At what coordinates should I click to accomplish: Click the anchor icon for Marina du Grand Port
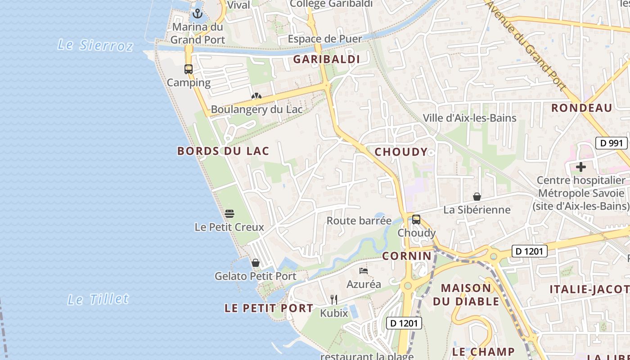(x=198, y=13)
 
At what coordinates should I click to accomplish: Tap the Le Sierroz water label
(x=95, y=45)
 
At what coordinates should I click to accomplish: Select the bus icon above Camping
(x=189, y=69)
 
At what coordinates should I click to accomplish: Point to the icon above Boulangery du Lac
(x=256, y=96)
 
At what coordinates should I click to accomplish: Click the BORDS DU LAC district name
(x=223, y=151)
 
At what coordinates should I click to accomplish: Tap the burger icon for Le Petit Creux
(x=229, y=213)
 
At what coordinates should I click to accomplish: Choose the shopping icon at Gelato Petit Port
(x=256, y=263)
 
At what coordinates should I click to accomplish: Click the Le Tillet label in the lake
(x=98, y=299)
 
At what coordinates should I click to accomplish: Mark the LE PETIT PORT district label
(x=269, y=308)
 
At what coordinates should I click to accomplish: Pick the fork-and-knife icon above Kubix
(x=334, y=299)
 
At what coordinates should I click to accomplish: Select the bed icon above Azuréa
(x=364, y=271)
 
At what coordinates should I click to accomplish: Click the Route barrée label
(x=359, y=221)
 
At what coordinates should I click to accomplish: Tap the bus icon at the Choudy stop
(x=416, y=220)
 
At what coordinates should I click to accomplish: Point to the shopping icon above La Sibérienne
(x=477, y=197)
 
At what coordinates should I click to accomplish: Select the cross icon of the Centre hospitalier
(x=581, y=167)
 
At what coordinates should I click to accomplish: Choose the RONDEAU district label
(x=581, y=108)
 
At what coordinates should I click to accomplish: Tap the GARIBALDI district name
(x=326, y=59)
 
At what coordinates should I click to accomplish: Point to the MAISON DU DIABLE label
(x=466, y=295)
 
